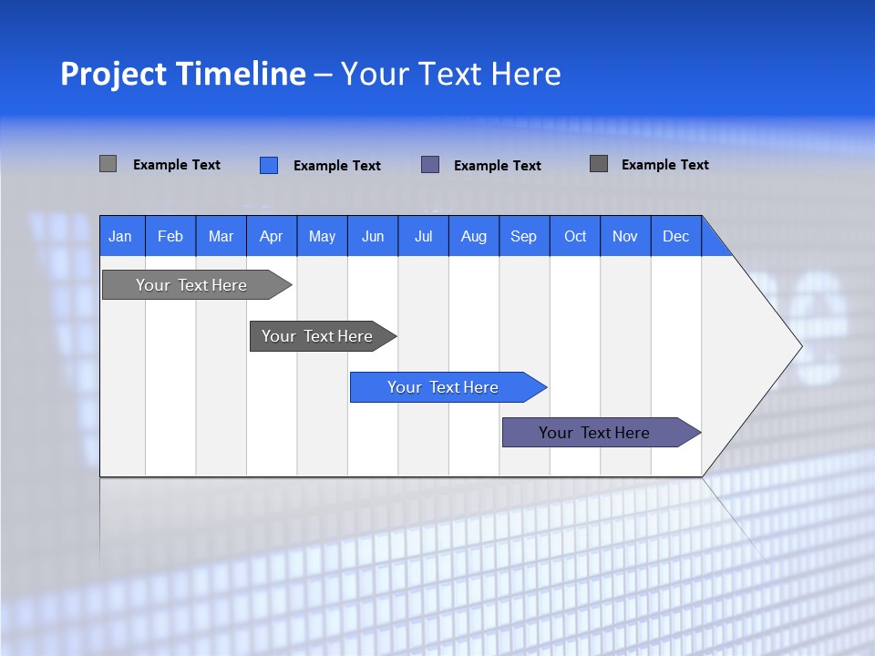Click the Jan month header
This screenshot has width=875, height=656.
click(121, 236)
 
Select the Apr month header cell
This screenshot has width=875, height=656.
click(272, 236)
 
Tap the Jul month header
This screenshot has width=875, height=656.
click(423, 236)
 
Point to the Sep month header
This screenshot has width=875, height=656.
click(524, 236)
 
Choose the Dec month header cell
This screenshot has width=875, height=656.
click(675, 236)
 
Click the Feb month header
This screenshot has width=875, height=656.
click(170, 236)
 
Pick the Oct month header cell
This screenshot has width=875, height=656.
click(575, 236)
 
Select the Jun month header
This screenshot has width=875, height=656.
click(373, 236)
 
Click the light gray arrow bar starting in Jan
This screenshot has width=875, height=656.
click(191, 285)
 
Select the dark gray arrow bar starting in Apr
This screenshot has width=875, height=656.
click(317, 336)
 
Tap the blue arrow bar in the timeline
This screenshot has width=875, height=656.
click(443, 387)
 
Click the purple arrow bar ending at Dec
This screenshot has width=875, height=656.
click(594, 433)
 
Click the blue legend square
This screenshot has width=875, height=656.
click(269, 165)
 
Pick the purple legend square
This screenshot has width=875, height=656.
click(430, 165)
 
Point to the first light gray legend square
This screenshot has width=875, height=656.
click(108, 164)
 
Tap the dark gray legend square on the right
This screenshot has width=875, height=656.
click(599, 164)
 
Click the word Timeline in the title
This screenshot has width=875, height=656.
click(241, 74)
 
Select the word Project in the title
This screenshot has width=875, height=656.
click(113, 74)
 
